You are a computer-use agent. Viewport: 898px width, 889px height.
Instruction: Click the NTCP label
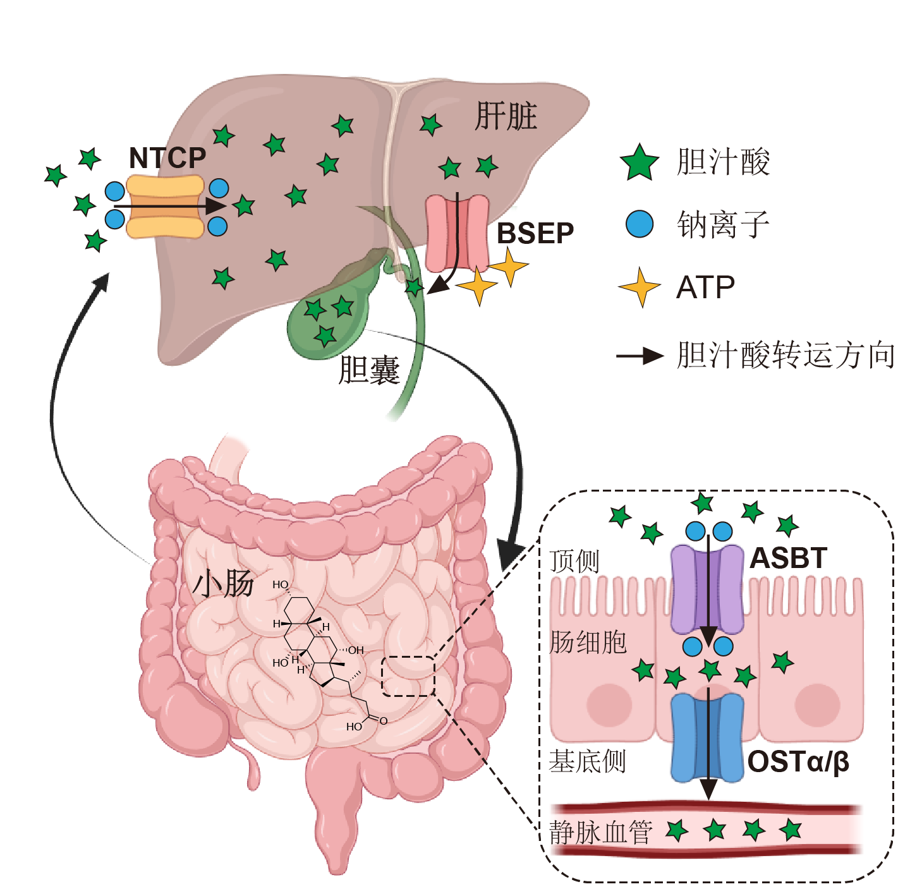tap(167, 158)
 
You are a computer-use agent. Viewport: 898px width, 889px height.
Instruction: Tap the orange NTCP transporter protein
tap(166, 207)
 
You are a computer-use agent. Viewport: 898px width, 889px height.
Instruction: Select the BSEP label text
tap(535, 234)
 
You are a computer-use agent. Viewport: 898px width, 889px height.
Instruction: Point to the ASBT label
tap(788, 558)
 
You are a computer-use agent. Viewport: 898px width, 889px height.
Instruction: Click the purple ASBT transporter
tap(707, 589)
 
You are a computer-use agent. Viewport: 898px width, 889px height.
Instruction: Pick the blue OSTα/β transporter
tap(707, 737)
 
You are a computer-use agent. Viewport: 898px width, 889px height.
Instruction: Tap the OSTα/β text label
tap(798, 762)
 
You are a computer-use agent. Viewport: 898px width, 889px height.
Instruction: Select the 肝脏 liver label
tap(506, 116)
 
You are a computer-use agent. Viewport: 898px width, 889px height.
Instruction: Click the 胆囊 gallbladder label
tap(369, 370)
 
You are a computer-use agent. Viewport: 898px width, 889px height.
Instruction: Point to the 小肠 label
tap(224, 583)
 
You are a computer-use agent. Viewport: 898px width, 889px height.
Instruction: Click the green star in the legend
tap(640, 162)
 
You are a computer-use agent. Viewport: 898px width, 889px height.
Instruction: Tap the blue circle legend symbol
tap(640, 224)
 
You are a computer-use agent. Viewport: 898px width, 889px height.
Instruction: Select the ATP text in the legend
tap(706, 288)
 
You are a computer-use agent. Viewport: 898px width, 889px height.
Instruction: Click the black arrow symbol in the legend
tap(640, 356)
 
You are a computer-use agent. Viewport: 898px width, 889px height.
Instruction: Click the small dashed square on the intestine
tap(408, 676)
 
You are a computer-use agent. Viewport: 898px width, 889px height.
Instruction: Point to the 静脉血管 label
tap(601, 832)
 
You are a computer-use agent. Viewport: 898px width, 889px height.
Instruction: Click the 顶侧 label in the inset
tap(574, 560)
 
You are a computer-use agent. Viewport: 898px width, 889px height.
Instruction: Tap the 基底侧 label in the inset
tap(587, 761)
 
